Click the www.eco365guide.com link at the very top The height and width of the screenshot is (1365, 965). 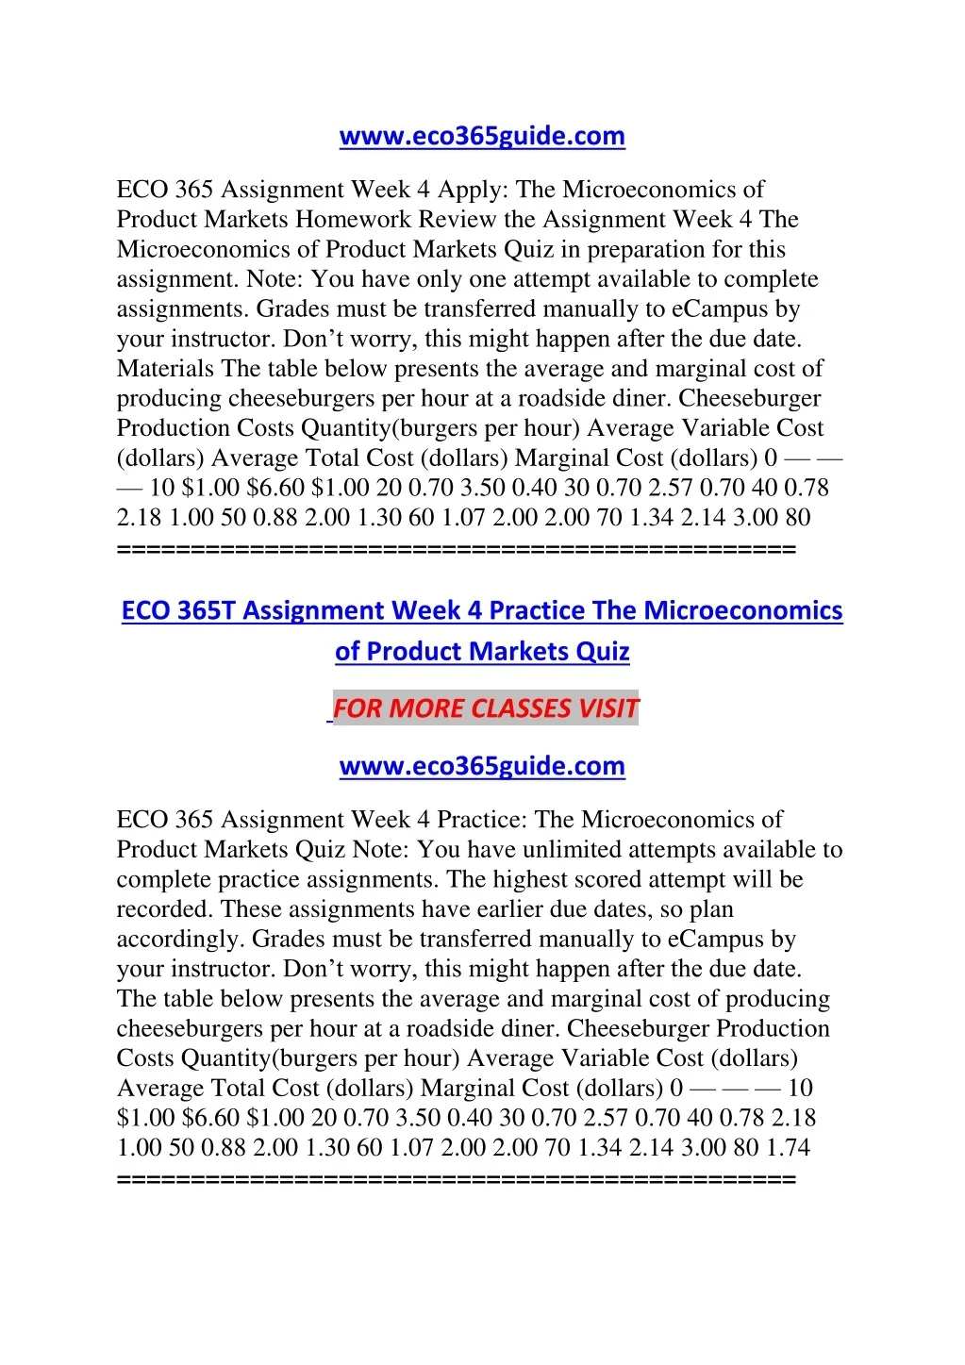[x=482, y=137]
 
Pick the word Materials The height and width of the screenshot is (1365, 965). [x=165, y=369]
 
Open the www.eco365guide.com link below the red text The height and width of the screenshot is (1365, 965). [x=482, y=766]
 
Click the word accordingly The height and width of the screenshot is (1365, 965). [x=178, y=940]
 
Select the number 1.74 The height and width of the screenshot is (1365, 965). [x=788, y=1148]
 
